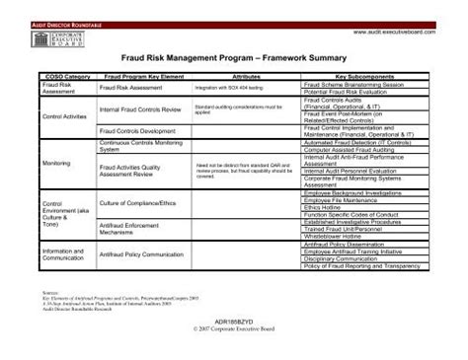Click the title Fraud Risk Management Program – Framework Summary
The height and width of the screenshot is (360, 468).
(x=234, y=59)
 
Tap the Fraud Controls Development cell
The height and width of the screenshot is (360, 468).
(x=137, y=130)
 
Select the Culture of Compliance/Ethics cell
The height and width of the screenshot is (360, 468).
(x=139, y=203)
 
